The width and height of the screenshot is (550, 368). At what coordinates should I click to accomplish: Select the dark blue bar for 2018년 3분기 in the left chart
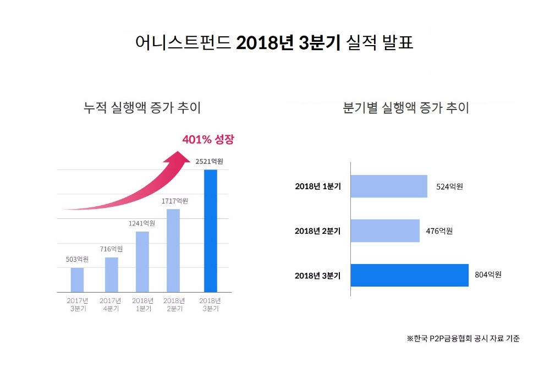click(210, 231)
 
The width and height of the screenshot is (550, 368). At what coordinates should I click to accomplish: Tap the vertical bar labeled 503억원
click(78, 280)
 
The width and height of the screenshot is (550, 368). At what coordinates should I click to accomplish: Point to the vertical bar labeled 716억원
click(112, 274)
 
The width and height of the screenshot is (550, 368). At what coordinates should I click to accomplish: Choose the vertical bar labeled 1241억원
click(142, 262)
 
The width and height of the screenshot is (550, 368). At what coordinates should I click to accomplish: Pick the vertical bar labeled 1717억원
click(173, 250)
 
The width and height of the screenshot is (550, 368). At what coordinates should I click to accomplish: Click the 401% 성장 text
click(208, 139)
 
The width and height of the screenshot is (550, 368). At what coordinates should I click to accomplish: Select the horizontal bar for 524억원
click(389, 186)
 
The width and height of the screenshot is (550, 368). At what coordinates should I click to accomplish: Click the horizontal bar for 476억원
click(385, 231)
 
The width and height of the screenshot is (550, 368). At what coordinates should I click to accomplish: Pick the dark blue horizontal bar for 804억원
click(409, 275)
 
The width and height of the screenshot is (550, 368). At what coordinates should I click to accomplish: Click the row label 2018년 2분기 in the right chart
click(317, 231)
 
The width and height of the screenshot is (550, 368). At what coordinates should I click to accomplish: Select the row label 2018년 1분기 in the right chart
click(317, 186)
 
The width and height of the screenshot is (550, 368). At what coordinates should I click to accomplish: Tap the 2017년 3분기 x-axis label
click(78, 305)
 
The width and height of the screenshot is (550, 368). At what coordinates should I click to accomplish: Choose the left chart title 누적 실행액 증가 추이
click(142, 107)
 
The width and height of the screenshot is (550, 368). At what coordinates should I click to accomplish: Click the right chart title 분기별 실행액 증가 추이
click(406, 107)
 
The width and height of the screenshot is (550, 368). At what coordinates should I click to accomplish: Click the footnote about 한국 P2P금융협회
click(463, 338)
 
